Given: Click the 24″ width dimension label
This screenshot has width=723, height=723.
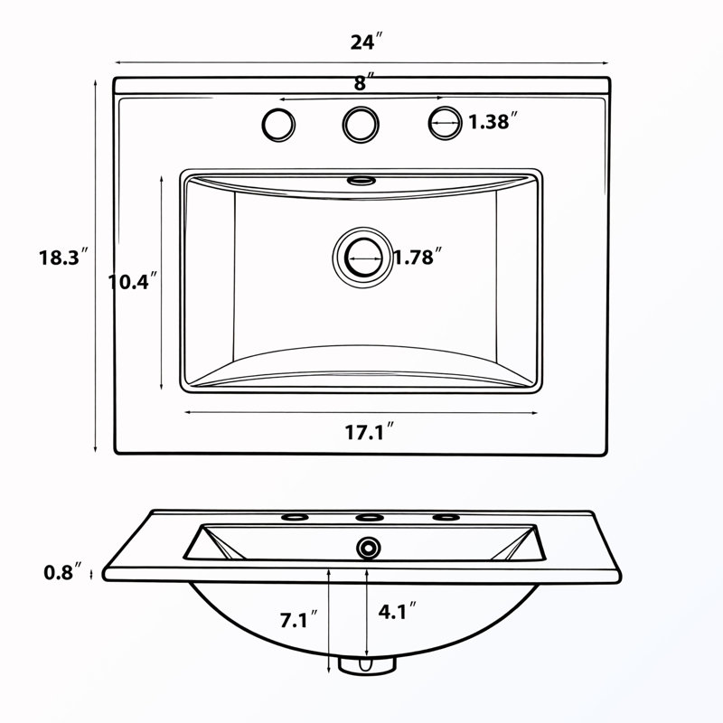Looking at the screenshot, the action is coord(367,42).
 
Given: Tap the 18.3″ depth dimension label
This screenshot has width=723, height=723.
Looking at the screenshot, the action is coord(63,257).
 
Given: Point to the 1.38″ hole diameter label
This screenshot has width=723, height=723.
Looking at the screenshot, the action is coord(493,121).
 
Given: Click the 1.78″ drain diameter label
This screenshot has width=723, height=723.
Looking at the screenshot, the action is coord(418,257).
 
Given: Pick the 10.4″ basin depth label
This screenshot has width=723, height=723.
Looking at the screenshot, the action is coord(132,281).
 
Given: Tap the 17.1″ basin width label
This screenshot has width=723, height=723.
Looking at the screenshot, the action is coord(370,432).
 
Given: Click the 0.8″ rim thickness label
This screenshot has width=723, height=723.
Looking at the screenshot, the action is coord(64,572).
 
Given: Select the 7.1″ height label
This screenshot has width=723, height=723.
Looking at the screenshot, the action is coord(299,619).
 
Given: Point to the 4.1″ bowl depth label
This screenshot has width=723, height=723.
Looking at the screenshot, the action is coord(397,611).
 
